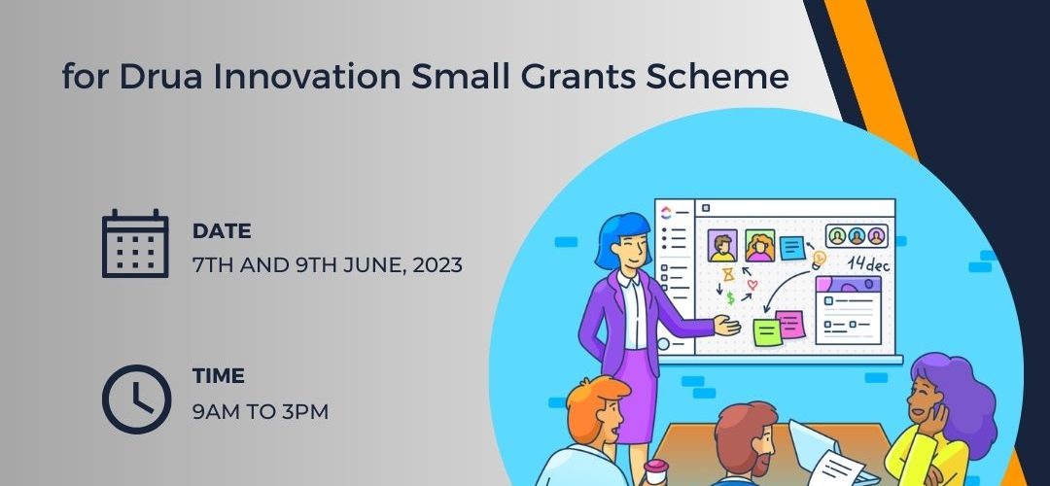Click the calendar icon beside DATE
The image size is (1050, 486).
coord(135,243)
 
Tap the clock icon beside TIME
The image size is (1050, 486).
coord(137,399)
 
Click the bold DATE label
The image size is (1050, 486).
coord(222,231)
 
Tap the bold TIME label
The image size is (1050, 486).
coord(219,376)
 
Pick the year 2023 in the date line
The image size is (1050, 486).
coord(437,265)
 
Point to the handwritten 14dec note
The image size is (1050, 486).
coord(868,263)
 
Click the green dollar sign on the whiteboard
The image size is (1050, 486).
coord(730,297)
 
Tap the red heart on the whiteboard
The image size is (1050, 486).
coord(752,285)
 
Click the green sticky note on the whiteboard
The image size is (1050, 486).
coord(767,332)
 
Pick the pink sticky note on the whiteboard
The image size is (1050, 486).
coord(790,324)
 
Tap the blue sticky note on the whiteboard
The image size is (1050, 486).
coord(793,249)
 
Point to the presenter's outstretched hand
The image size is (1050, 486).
coord(727,326)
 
